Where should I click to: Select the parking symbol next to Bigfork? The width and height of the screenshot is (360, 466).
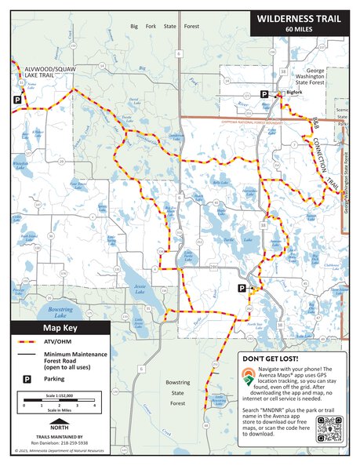pyautogui.click(x=264, y=93)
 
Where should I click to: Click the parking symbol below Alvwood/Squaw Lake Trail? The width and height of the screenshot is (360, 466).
pyautogui.click(x=16, y=100)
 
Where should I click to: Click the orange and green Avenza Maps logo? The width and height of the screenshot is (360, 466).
pyautogui.click(x=248, y=377)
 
